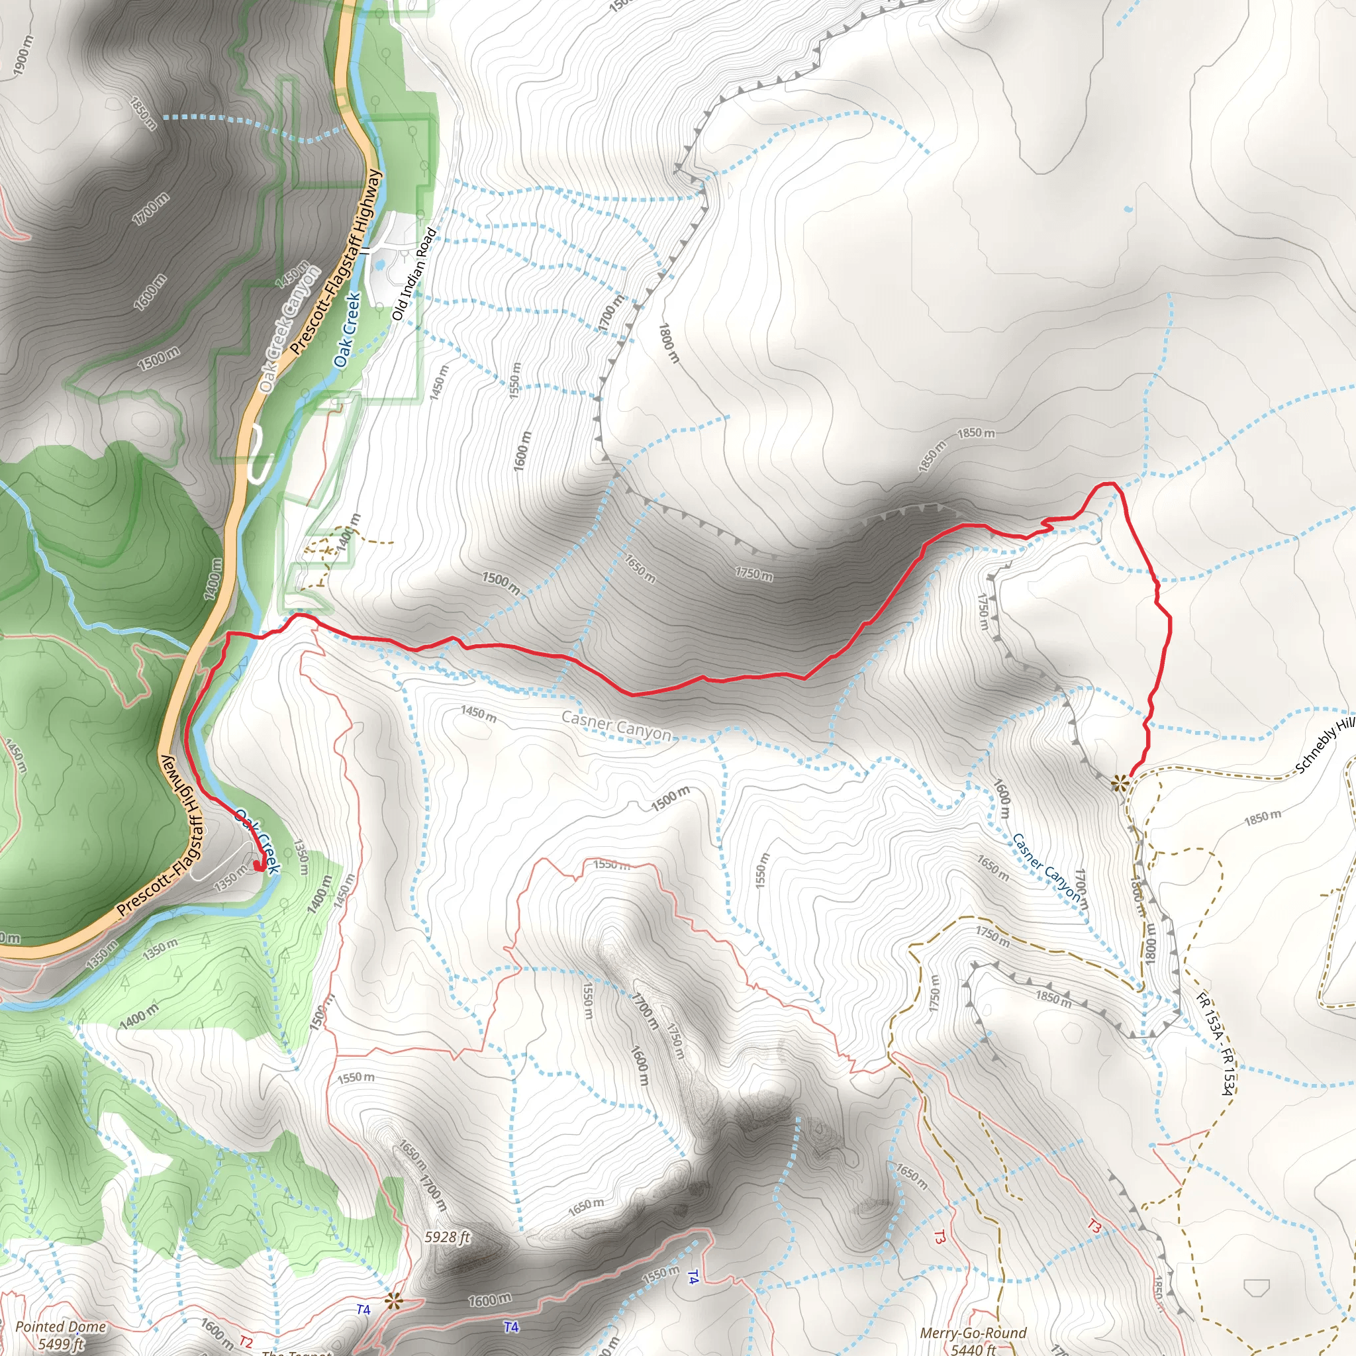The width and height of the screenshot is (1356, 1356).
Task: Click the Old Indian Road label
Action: tap(414, 274)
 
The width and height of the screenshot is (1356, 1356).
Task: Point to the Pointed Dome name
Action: tap(60, 1326)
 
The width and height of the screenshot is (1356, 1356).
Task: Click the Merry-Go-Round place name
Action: tap(973, 1332)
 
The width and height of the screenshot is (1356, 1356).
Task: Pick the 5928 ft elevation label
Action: tap(447, 1237)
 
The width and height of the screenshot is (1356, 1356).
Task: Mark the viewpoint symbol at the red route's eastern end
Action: tap(1120, 782)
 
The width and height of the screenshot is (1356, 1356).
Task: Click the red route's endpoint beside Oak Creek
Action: tap(260, 867)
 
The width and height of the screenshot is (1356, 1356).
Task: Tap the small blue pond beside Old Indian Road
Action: tap(379, 265)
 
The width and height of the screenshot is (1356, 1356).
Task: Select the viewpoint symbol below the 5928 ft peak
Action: tap(393, 1300)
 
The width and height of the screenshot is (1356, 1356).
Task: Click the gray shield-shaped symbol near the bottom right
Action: tap(1255, 1287)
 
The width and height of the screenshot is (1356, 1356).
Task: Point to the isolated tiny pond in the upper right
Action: tap(1128, 209)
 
